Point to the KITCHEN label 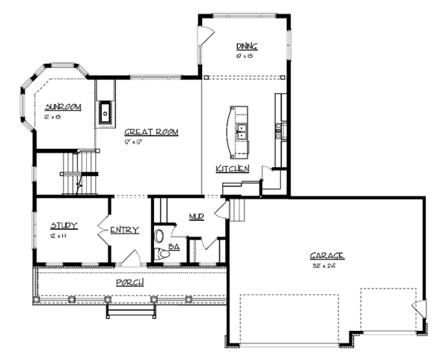233,170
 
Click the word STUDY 64,225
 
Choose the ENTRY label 124,230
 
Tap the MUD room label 196,216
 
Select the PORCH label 129,283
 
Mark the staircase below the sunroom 78,173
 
